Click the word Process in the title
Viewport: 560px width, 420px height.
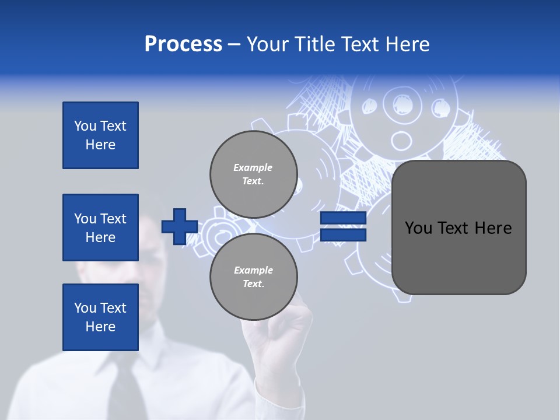tap(183, 44)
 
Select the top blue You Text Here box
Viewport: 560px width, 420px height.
tap(100, 135)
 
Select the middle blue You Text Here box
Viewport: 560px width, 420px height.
tap(100, 228)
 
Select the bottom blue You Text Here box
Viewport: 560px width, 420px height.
tap(100, 317)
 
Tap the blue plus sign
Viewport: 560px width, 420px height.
tap(180, 227)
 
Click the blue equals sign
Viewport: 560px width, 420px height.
tap(344, 226)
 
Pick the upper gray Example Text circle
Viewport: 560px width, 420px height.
tap(254, 174)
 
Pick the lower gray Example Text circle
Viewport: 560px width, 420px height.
tap(254, 277)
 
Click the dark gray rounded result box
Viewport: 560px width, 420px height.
tap(459, 228)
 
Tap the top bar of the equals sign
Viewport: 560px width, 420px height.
tap(344, 218)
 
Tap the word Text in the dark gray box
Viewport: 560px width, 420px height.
tap(457, 228)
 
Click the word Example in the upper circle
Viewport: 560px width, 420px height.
tap(253, 167)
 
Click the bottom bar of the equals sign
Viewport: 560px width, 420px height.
tap(344, 235)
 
